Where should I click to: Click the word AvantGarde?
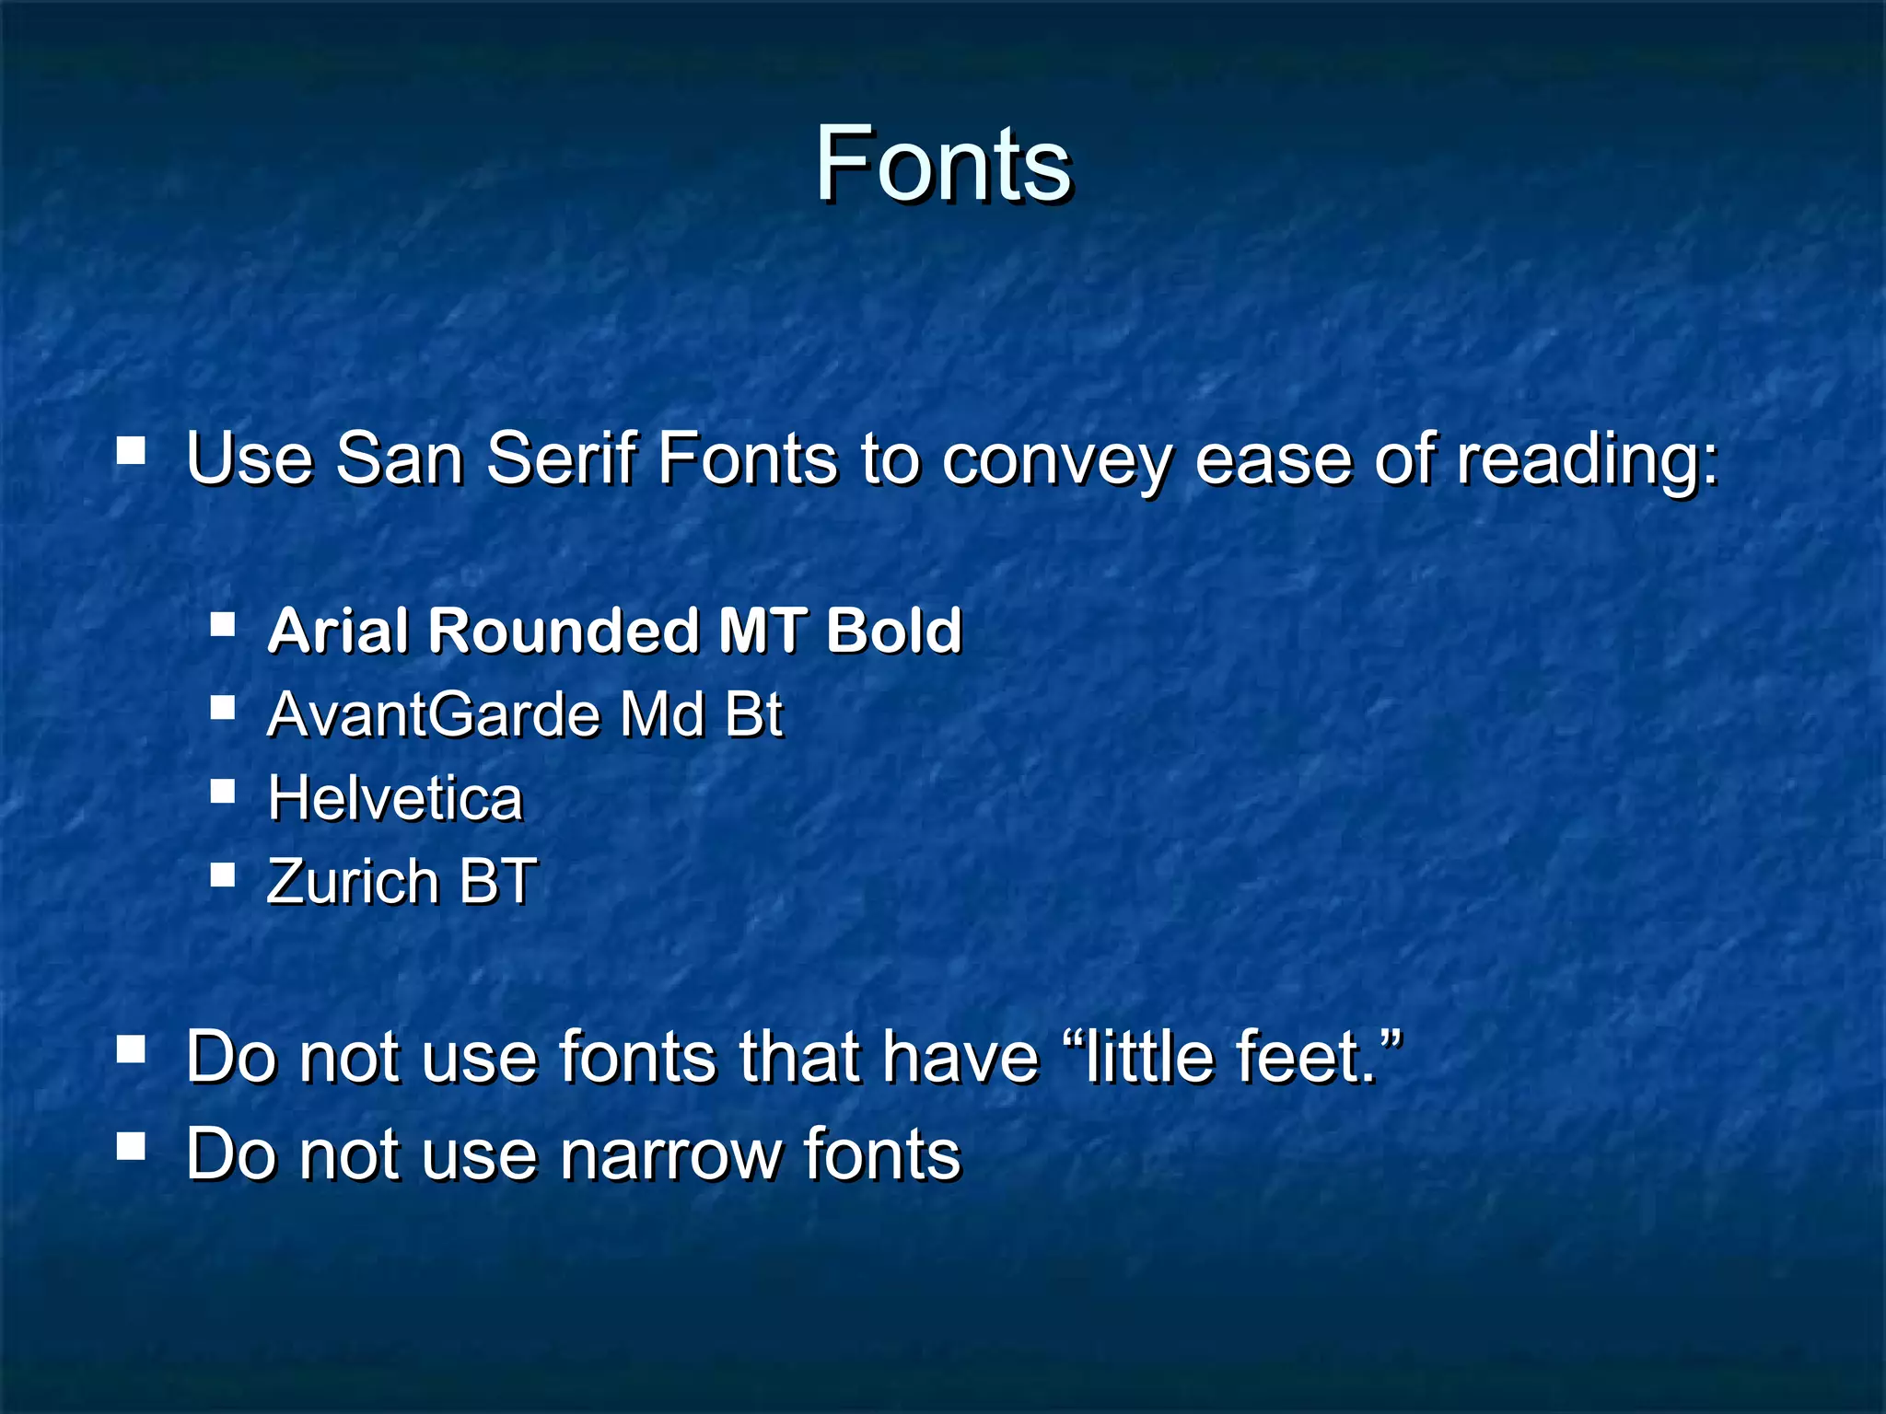coord(433,714)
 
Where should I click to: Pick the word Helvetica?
coord(394,797)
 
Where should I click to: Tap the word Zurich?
coord(351,881)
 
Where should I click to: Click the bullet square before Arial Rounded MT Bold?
coord(222,625)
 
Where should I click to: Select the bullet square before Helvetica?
coord(222,792)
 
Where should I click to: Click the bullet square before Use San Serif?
coord(131,450)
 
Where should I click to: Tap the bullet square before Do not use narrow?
coord(131,1146)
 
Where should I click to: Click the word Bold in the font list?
coord(893,631)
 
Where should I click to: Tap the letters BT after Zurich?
coord(497,881)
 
